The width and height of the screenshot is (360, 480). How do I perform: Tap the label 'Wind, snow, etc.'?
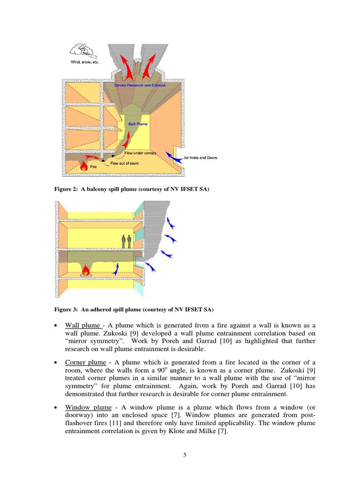[x=85, y=62]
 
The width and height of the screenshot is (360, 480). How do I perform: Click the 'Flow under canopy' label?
[x=140, y=153]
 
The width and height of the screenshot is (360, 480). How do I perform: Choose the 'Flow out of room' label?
[x=125, y=164]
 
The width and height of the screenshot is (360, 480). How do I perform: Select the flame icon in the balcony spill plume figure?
[x=84, y=165]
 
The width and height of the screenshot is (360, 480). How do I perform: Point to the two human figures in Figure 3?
[x=126, y=241]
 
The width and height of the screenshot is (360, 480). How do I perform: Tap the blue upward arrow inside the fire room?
[x=116, y=268]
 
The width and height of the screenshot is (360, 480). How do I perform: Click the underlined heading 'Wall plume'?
[x=82, y=325]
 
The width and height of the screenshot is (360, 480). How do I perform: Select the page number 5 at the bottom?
[x=185, y=455]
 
